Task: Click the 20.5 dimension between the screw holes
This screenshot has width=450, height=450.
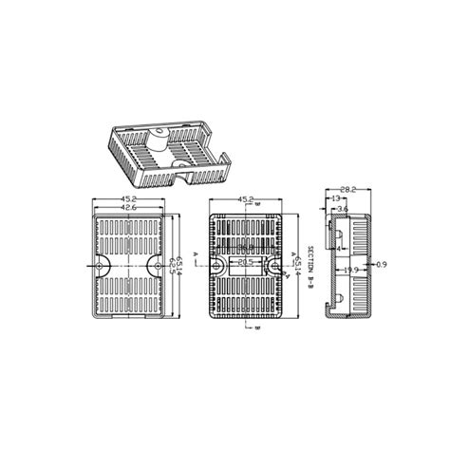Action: coord(245,261)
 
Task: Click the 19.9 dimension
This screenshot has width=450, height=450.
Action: coord(349,271)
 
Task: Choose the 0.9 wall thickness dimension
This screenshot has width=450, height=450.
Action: coord(382,263)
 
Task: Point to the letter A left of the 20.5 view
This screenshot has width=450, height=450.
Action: coord(195,255)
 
